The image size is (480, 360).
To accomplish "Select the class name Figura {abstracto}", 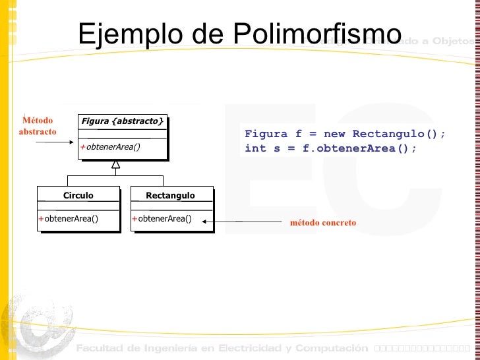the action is tap(122, 121).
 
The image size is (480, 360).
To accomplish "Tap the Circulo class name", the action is tap(78, 195).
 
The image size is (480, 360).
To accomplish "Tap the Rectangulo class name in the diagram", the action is tap(170, 195).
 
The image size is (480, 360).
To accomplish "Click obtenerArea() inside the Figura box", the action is tap(113, 146).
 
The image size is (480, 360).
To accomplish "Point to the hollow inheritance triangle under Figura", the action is tap(115, 164).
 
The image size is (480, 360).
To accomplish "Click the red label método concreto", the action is tap(322, 223).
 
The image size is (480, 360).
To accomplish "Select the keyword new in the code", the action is tap(334, 134).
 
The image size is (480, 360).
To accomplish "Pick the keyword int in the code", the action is tap(255, 148).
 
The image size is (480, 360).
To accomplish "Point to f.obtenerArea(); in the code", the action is tap(359, 148).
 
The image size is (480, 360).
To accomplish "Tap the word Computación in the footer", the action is tap(332, 347).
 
